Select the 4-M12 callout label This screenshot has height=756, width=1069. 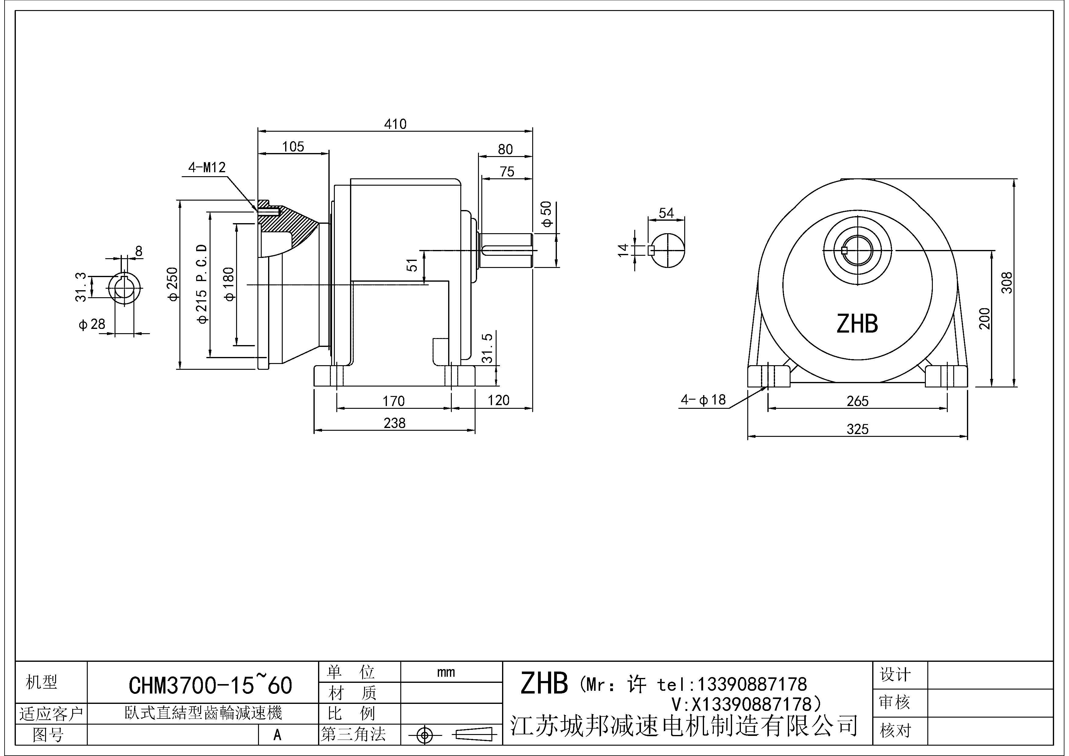(207, 167)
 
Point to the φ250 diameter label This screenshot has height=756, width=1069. (172, 284)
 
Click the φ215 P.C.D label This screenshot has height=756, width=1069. (202, 284)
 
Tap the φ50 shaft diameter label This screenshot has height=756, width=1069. (547, 214)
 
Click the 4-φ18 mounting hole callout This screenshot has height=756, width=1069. (703, 400)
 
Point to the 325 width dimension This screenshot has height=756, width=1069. (857, 429)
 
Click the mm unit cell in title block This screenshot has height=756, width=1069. (446, 672)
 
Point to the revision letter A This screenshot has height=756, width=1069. (278, 735)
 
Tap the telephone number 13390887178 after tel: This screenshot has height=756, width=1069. (751, 684)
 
